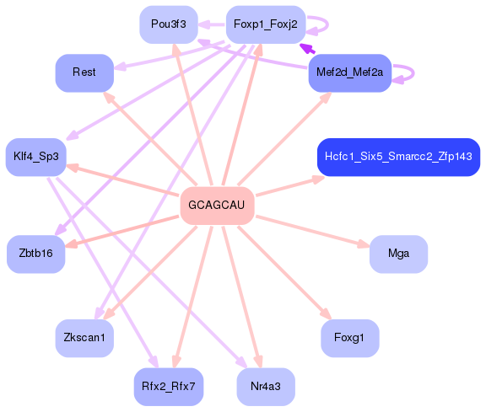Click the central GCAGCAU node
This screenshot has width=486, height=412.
[x=217, y=206]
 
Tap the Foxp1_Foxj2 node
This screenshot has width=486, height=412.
[x=265, y=24]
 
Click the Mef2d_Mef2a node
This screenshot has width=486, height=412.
[x=349, y=73]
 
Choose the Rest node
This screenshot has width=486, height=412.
[x=84, y=72]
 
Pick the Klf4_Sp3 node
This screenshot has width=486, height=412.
[x=35, y=157]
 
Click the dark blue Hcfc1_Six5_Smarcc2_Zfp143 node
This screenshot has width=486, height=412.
[x=397, y=158]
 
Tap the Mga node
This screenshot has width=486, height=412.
[x=398, y=254]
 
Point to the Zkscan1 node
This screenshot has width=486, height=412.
[x=84, y=338]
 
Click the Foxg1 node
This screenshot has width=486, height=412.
[x=349, y=338]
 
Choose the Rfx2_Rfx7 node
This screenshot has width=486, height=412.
[x=168, y=387]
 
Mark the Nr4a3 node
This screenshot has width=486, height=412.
[x=265, y=387]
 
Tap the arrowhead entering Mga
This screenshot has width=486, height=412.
[x=364, y=245]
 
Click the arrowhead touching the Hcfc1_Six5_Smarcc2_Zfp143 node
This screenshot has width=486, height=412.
[x=317, y=177]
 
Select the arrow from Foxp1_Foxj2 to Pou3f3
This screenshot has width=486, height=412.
[x=212, y=24]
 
